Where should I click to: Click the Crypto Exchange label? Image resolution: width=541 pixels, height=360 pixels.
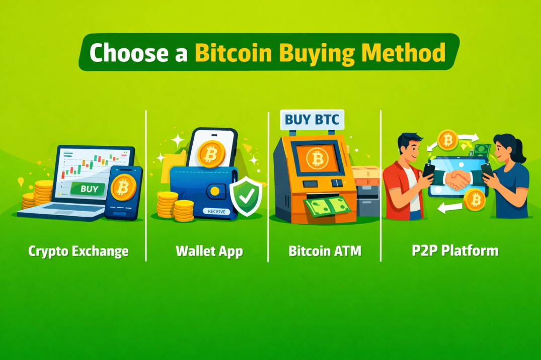coord(79,250)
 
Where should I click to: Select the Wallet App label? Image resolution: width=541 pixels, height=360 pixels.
coord(209,250)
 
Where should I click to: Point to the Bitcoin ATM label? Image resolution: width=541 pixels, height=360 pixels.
coord(325,250)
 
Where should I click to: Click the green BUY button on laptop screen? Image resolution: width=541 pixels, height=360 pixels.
coord(88,190)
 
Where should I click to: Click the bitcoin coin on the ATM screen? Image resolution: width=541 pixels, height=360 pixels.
coord(317,159)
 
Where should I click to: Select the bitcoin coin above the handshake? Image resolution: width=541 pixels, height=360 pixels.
coord(447,140)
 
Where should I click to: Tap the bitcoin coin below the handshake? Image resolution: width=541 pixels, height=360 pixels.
coord(474,200)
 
